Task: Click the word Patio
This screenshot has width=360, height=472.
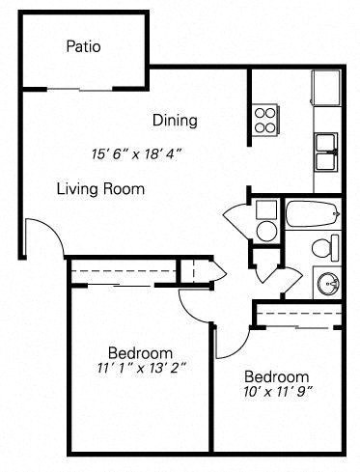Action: [x=84, y=45]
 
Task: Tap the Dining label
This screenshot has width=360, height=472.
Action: [x=175, y=121]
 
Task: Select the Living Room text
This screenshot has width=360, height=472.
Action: [x=100, y=189]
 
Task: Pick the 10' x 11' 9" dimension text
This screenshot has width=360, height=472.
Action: [x=276, y=393]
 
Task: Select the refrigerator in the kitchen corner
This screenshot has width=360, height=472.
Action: [x=326, y=88]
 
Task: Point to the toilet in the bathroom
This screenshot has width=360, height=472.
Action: [x=324, y=248]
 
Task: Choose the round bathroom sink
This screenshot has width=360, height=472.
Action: [x=328, y=283]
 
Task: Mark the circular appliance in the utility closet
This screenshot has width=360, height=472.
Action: [x=266, y=230]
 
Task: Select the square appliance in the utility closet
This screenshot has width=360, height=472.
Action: [x=266, y=208]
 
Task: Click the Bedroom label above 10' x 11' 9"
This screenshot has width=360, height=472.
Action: [x=276, y=375]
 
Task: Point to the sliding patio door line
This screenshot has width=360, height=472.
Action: [x=82, y=90]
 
